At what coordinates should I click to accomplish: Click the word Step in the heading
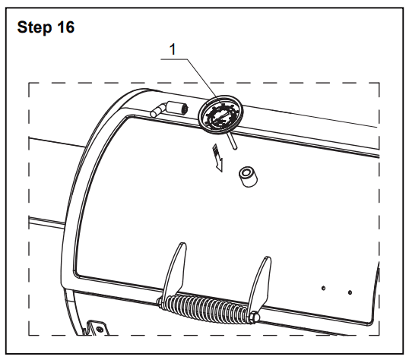[x=34, y=27]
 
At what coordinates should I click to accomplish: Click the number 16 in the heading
[x=66, y=27]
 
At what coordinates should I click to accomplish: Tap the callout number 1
[x=173, y=49]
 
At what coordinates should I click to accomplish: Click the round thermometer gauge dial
[x=220, y=115]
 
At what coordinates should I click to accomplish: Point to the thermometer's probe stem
[x=233, y=141]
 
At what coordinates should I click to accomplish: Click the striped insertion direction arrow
[x=217, y=157]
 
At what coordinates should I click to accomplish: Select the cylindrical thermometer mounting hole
[x=248, y=177]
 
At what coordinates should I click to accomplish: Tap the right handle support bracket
[x=260, y=284]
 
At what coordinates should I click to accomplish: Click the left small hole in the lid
[x=323, y=288]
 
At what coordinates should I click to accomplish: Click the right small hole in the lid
[x=350, y=292]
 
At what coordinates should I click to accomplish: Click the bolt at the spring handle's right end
[x=255, y=317]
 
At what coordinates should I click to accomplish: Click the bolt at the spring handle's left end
[x=160, y=302]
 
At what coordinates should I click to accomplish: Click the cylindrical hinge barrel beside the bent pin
[x=178, y=108]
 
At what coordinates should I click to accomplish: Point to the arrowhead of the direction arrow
[x=220, y=166]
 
